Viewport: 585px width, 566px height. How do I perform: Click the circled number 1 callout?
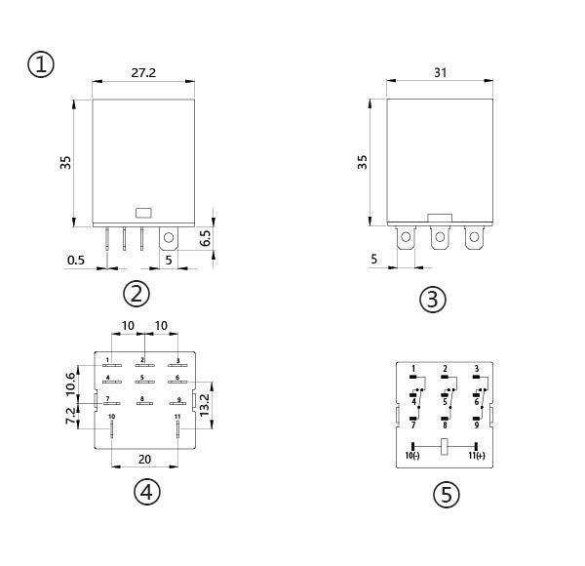pyautogui.click(x=41, y=64)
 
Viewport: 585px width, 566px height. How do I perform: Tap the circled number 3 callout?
pyautogui.click(x=433, y=299)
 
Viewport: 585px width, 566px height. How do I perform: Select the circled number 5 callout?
pyautogui.click(x=447, y=495)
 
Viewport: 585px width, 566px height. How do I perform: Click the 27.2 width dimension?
pyautogui.click(x=143, y=73)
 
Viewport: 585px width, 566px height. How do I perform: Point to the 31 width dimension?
pyautogui.click(x=441, y=72)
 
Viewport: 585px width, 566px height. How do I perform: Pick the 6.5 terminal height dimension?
pyautogui.click(x=205, y=238)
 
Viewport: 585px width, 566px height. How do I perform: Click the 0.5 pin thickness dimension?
pyautogui.click(x=76, y=260)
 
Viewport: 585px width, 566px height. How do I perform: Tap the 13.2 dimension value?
pyautogui.click(x=205, y=405)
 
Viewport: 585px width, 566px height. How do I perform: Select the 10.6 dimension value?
pyautogui.click(x=70, y=384)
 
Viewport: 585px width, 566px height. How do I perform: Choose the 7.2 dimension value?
pyautogui.click(x=70, y=416)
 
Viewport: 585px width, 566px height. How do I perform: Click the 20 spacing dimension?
pyautogui.click(x=144, y=460)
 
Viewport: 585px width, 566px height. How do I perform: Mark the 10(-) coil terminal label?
pyautogui.click(x=412, y=456)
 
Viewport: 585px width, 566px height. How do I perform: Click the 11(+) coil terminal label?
pyautogui.click(x=477, y=456)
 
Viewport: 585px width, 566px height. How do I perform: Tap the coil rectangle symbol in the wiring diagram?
pyautogui.click(x=445, y=447)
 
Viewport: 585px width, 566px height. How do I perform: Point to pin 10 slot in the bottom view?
pyautogui.click(x=111, y=428)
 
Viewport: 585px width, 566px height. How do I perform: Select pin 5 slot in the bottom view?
pyautogui.click(x=144, y=382)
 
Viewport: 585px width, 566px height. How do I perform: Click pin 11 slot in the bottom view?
pyautogui.click(x=178, y=428)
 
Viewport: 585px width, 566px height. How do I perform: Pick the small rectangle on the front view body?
pyautogui.click(x=143, y=213)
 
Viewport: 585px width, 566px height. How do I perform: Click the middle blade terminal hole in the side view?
pyautogui.click(x=441, y=237)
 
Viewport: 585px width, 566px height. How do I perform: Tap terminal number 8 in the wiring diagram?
pyautogui.click(x=445, y=425)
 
